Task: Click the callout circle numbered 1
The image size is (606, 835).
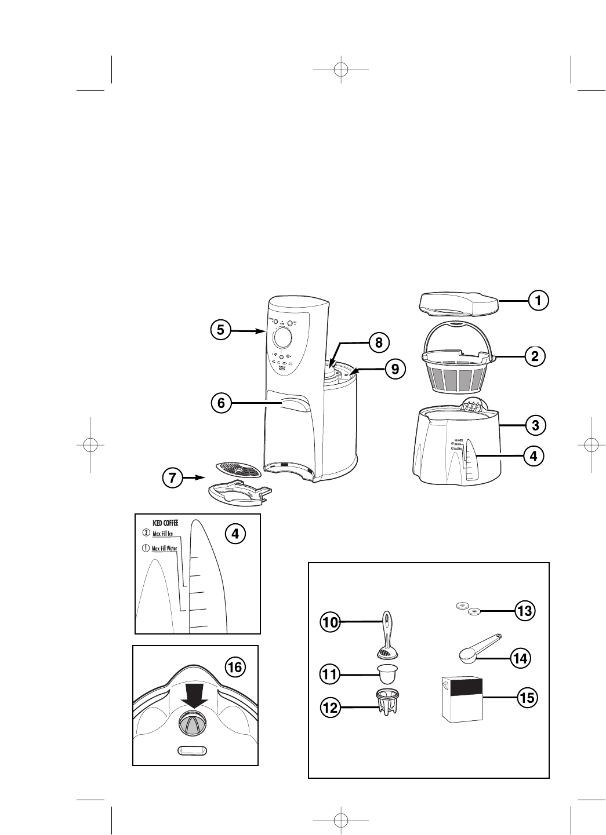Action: pyautogui.click(x=538, y=300)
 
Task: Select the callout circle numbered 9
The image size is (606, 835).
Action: pyautogui.click(x=395, y=368)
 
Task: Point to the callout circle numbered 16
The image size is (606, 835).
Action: pyautogui.click(x=234, y=667)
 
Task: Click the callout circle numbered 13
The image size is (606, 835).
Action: pyautogui.click(x=526, y=611)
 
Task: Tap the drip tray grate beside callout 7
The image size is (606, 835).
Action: pyautogui.click(x=238, y=469)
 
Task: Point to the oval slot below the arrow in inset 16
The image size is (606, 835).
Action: pyautogui.click(x=192, y=750)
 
